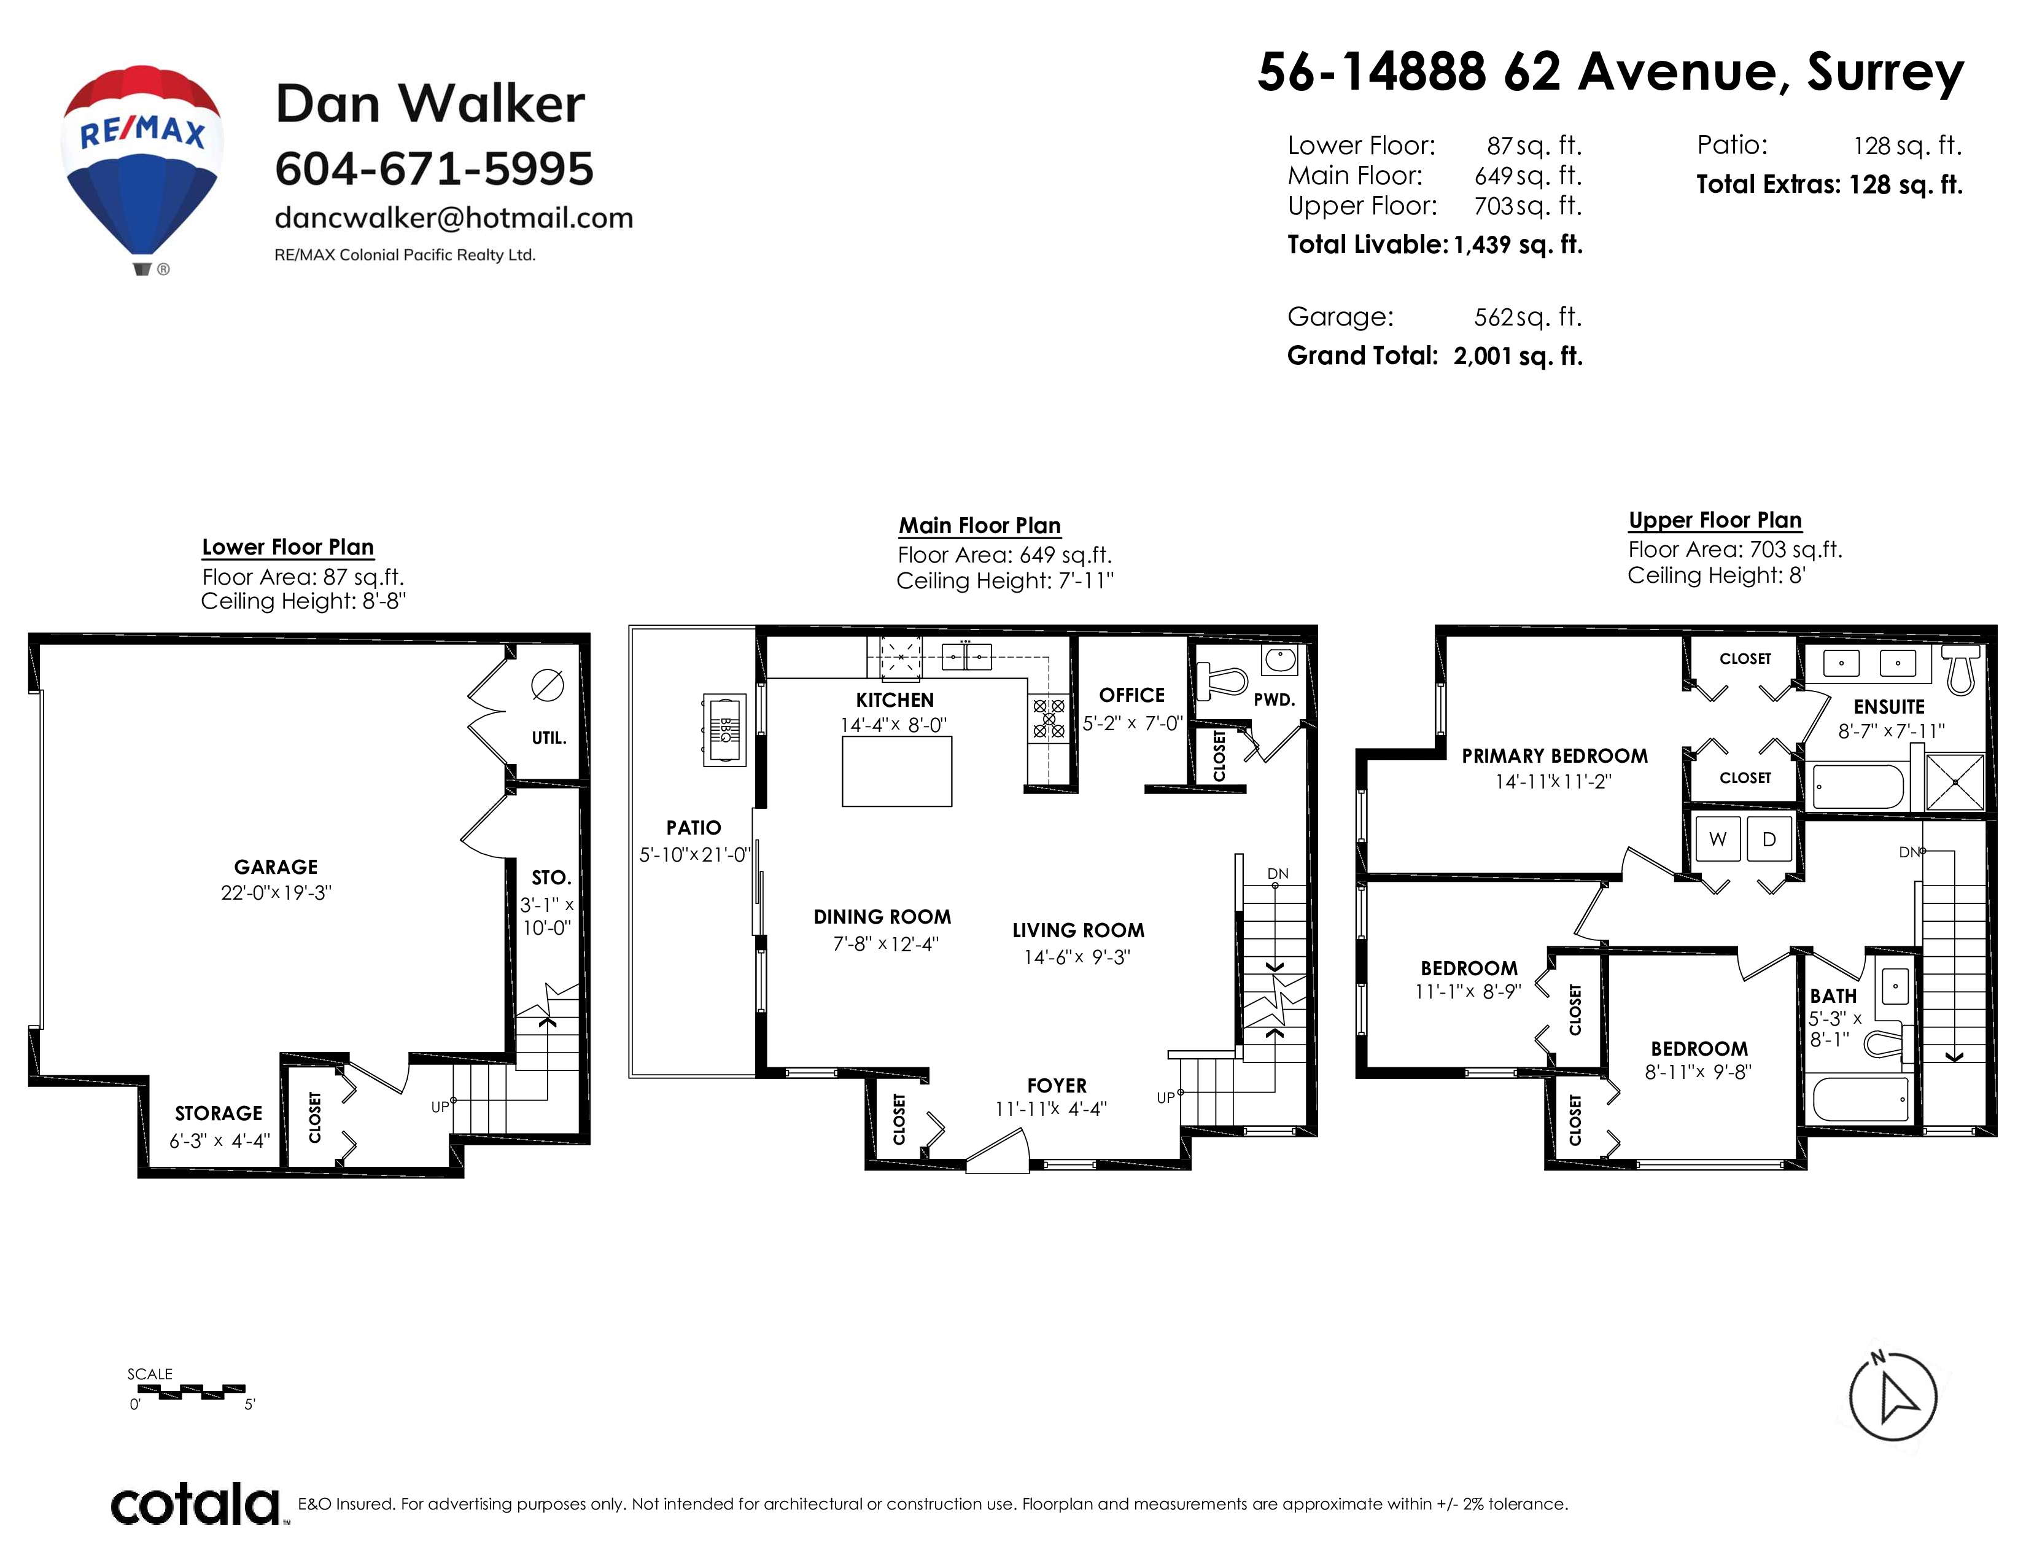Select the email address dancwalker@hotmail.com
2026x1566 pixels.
tap(454, 218)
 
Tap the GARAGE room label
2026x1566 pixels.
tap(276, 867)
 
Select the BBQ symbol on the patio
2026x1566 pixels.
tap(724, 729)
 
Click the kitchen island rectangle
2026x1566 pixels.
tap(897, 771)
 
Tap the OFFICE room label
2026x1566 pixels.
tap(1131, 695)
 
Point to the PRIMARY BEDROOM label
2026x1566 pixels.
tap(1554, 756)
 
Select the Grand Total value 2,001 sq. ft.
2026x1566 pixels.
tap(1518, 356)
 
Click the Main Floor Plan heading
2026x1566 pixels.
tap(980, 526)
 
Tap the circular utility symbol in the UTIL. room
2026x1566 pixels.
tap(547, 685)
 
